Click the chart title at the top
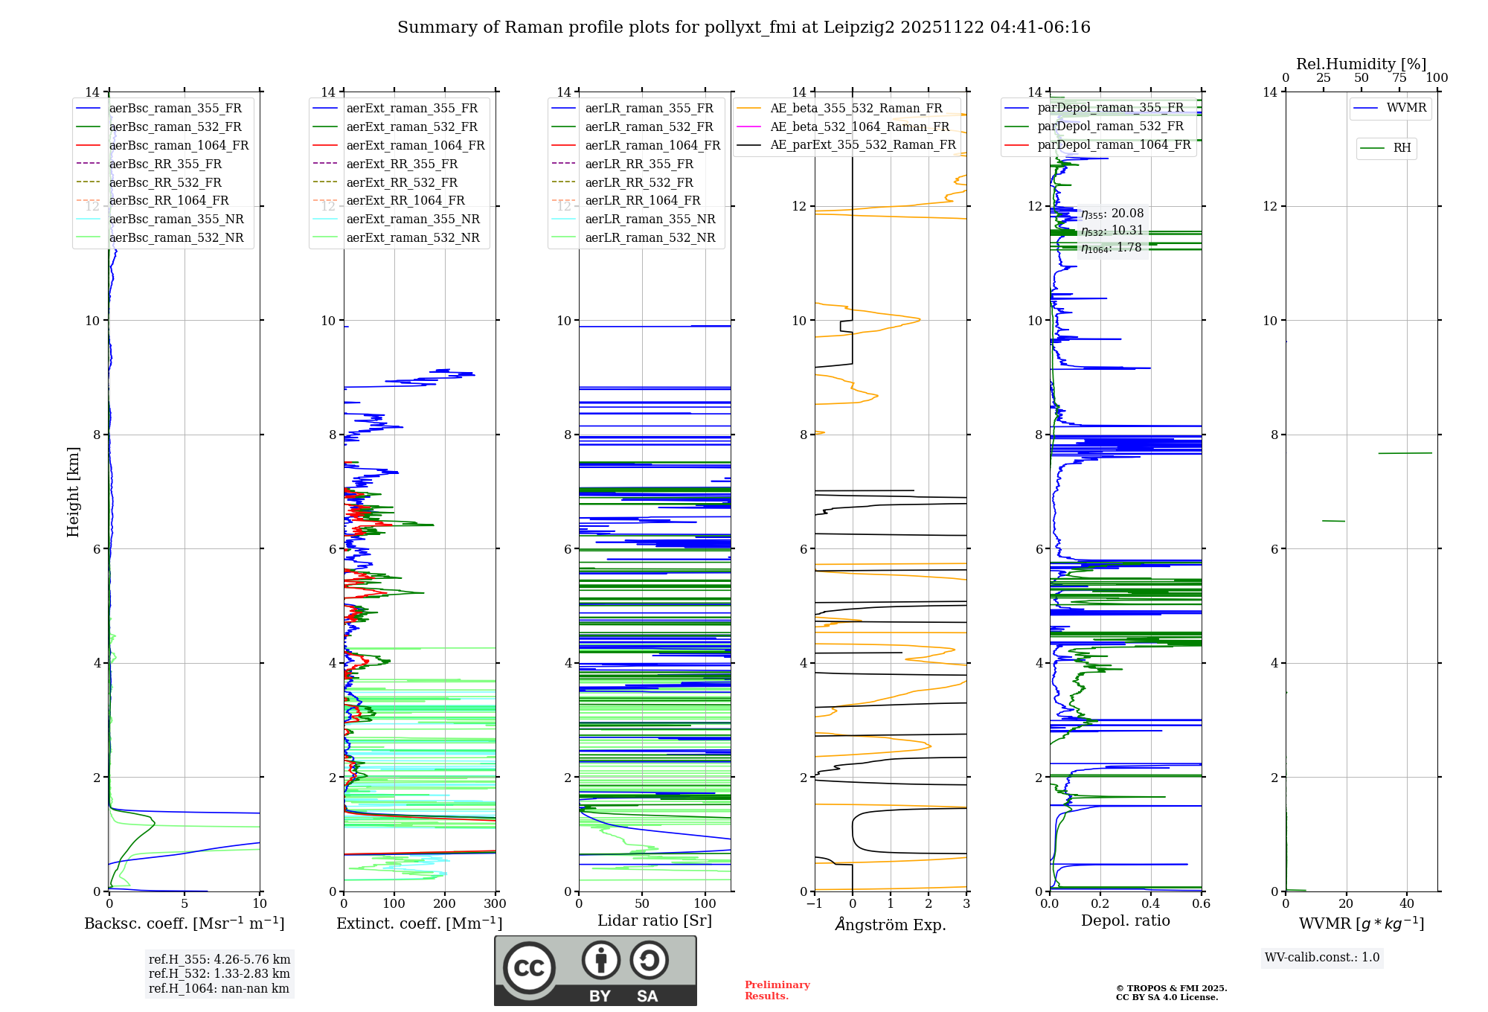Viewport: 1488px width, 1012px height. tap(743, 28)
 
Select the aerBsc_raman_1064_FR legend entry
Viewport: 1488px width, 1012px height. tap(179, 145)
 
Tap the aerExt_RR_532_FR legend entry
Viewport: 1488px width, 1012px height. tap(402, 182)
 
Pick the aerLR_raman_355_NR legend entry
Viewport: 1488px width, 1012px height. tap(650, 219)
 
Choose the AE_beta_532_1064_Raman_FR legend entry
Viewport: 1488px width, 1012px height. tap(859, 126)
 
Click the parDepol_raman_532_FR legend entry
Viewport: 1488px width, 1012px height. tap(1110, 126)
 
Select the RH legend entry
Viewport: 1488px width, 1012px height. tap(1402, 148)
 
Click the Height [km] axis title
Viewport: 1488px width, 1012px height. tap(73, 491)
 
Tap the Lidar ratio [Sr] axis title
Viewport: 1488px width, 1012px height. tap(655, 920)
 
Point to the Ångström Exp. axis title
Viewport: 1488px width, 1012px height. tap(891, 924)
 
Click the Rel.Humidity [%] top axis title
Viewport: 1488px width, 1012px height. tap(1361, 64)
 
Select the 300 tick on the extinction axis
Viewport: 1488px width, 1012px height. tap(495, 904)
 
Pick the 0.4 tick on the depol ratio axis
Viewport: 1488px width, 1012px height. tap(1151, 904)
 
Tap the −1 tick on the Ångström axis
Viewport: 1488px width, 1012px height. tap(815, 904)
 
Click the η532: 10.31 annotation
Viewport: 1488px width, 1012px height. tap(1112, 231)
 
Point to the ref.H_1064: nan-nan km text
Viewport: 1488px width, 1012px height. tap(219, 988)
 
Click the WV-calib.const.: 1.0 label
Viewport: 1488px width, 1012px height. tap(1322, 958)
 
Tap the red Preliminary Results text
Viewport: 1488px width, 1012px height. tap(777, 990)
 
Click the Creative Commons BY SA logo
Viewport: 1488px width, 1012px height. tap(595, 970)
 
